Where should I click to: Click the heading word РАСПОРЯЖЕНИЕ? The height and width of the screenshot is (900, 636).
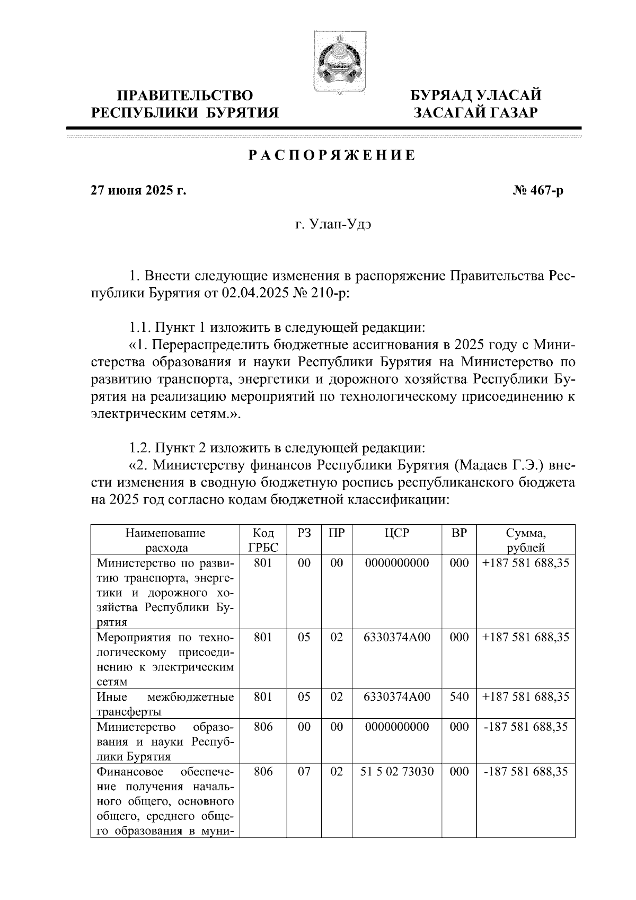(x=332, y=156)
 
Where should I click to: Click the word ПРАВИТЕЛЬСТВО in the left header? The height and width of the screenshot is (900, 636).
(x=185, y=95)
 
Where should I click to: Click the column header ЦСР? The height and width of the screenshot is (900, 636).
(x=397, y=533)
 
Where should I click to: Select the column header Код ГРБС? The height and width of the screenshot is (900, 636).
(x=263, y=540)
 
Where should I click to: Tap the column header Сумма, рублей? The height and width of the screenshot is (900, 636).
(x=526, y=540)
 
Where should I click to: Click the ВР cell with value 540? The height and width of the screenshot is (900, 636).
(x=459, y=696)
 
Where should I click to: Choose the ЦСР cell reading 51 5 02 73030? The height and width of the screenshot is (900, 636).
(x=397, y=772)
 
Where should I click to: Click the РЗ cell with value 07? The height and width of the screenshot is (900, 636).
(x=304, y=772)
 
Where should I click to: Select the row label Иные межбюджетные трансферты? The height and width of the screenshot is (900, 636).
(x=165, y=703)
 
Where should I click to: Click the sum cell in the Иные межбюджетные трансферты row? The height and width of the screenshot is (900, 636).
(x=526, y=696)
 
